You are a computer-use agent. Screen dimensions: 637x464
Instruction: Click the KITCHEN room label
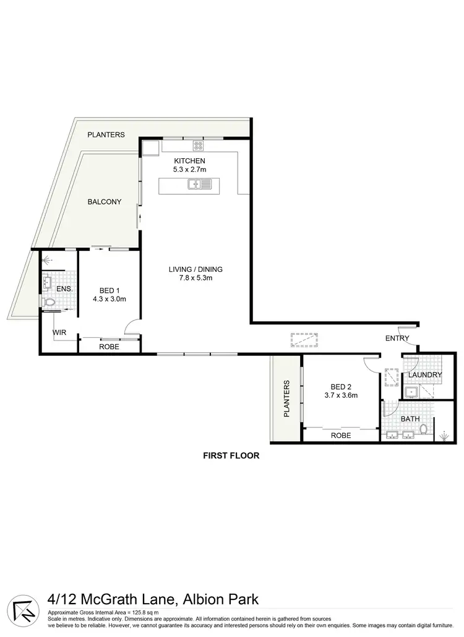189,161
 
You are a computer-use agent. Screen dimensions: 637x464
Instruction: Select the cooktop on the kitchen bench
199,146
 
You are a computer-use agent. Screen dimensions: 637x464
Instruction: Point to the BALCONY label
104,202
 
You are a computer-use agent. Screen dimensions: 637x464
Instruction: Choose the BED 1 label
109,291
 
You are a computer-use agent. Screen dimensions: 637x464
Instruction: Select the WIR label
59,333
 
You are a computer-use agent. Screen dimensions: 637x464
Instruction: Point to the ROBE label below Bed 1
109,347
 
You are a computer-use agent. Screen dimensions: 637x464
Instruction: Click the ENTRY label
397,338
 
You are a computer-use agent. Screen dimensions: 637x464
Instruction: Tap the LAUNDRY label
424,375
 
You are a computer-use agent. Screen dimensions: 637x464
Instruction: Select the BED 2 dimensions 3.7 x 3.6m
341,395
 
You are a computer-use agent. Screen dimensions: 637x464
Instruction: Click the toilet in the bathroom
424,429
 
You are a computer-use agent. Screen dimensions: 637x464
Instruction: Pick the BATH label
410,419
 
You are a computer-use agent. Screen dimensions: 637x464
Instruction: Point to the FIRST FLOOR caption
231,456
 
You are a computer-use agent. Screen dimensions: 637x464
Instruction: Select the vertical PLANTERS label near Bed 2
287,399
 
